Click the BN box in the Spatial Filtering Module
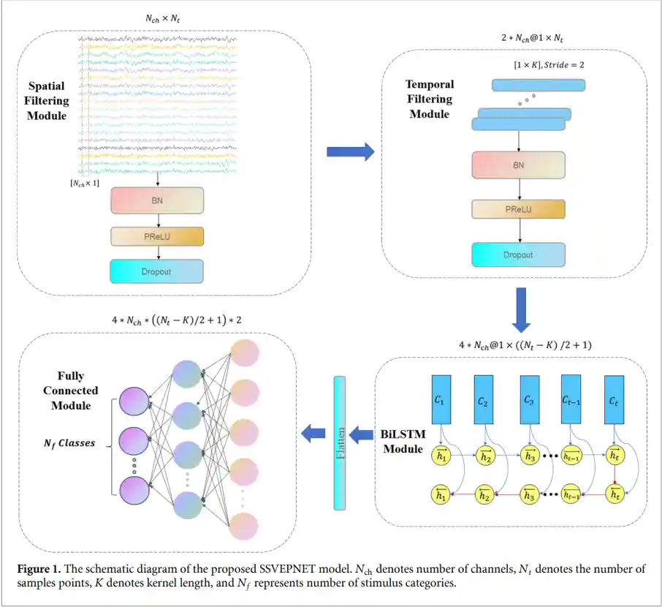[x=157, y=200]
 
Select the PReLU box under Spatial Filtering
[x=157, y=237]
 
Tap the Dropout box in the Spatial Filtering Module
[x=157, y=271]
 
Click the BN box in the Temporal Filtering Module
[x=518, y=165]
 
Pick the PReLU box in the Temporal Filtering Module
[x=518, y=209]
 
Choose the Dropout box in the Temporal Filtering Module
[x=518, y=255]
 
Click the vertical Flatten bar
[x=339, y=442]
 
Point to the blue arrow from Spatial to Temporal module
[x=349, y=152]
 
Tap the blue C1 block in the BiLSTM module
[x=441, y=399]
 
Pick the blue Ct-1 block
[x=571, y=399]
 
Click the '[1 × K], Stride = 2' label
[x=549, y=65]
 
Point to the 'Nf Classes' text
[x=67, y=443]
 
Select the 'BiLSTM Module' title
[x=400, y=441]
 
